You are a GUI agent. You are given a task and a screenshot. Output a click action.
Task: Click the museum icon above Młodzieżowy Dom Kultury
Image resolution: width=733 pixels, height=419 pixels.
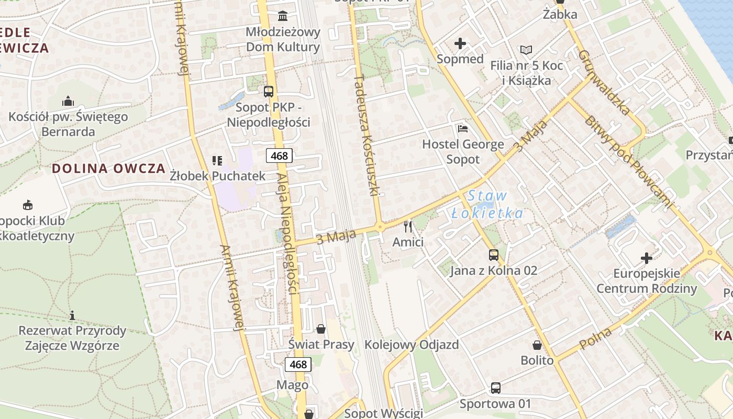pos(283,15)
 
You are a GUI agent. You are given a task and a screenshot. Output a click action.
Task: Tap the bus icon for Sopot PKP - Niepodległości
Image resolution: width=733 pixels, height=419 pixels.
pos(269,92)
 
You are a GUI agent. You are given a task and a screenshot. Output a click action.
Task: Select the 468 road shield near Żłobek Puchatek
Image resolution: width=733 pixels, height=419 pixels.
pos(279,156)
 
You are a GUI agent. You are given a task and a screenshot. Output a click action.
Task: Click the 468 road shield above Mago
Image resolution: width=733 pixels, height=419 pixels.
pos(298,364)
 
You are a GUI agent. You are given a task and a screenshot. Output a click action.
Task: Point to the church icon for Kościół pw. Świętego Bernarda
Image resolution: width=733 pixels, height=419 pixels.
pos(68,101)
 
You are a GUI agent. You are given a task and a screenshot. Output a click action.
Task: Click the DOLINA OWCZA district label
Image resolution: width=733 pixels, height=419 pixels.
pos(108,169)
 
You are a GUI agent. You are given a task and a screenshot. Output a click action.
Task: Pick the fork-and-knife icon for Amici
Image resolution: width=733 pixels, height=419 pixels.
pos(408,227)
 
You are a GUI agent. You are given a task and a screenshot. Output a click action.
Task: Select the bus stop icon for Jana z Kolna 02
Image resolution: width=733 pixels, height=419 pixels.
pos(494,255)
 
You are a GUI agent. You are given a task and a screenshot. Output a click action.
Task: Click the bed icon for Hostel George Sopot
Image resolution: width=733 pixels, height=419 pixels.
pos(463,128)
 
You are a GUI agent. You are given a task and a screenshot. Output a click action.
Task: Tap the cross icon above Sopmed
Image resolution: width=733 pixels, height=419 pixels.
pos(460,43)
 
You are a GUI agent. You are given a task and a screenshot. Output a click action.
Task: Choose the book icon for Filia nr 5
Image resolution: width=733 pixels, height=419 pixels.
pos(526,50)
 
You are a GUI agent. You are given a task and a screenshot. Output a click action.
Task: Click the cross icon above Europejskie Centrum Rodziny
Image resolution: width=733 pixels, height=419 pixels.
pos(647,258)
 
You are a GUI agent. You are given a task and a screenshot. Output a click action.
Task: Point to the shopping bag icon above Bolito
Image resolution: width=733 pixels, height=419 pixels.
pos(537,345)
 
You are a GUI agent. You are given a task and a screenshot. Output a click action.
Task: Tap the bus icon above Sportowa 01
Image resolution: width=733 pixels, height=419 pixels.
pos(495,388)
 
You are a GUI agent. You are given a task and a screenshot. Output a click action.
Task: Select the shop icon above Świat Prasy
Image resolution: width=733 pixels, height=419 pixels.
pos(321,329)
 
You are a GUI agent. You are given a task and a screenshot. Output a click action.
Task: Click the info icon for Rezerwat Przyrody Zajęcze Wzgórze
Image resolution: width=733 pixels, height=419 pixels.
pos(72,315)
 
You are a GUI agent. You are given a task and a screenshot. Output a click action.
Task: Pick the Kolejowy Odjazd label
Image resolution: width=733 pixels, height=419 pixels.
pos(412,345)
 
